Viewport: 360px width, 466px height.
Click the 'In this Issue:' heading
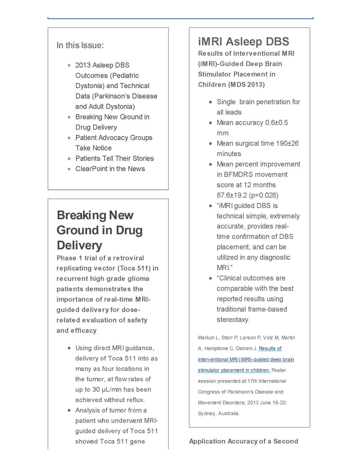click(x=80, y=45)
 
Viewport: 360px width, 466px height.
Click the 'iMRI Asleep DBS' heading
click(x=244, y=42)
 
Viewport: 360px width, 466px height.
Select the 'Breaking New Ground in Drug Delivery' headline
click(x=100, y=230)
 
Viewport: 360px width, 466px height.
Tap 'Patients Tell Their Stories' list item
click(x=114, y=158)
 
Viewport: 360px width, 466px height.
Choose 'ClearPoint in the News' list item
click(x=110, y=169)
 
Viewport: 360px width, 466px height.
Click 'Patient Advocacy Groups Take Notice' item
click(x=114, y=143)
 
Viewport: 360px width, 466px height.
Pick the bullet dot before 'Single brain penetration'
click(x=210, y=102)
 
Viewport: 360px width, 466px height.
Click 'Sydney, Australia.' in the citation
click(x=219, y=413)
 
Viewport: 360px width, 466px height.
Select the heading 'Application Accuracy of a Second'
click(x=244, y=441)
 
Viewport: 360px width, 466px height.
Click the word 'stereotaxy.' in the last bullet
click(x=233, y=319)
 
